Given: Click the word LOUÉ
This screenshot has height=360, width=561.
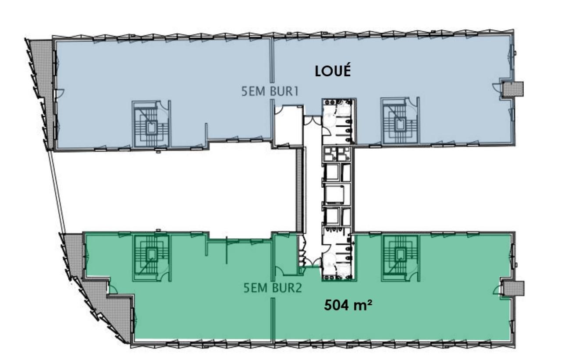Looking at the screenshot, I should click(x=334, y=71).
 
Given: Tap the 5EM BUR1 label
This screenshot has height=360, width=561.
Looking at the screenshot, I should click(x=270, y=93).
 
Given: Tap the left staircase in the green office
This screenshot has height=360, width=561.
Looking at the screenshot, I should click(x=152, y=258).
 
